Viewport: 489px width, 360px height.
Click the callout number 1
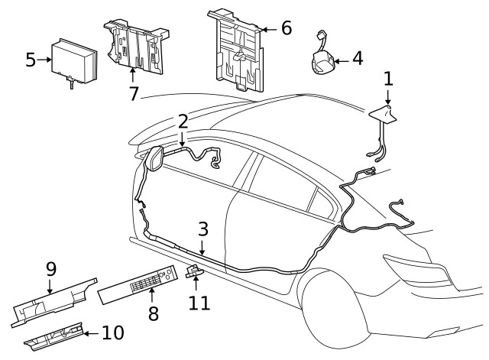(x=388, y=78)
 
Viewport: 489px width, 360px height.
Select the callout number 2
(x=183, y=122)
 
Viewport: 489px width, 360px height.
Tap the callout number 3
(x=202, y=229)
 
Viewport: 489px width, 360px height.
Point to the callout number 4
(x=357, y=58)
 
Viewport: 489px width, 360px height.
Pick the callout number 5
(x=31, y=59)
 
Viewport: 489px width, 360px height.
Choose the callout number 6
(x=286, y=28)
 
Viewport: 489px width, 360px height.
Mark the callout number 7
(x=134, y=93)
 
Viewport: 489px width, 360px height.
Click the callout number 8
(x=153, y=313)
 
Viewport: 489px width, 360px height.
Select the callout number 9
(x=50, y=269)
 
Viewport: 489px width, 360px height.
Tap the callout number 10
(x=112, y=333)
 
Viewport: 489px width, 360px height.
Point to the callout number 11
(x=199, y=302)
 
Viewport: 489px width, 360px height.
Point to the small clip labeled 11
(x=195, y=271)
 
